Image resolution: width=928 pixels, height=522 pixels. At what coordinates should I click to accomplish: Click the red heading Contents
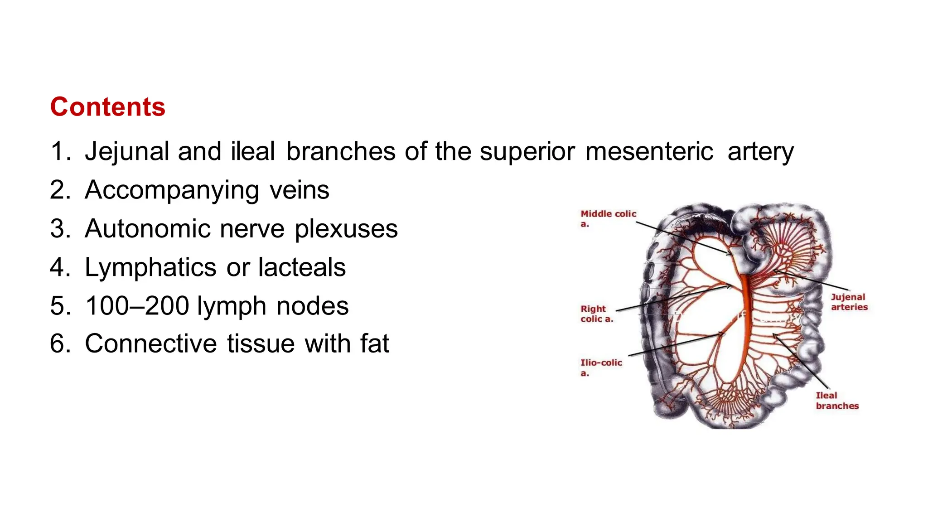click(107, 107)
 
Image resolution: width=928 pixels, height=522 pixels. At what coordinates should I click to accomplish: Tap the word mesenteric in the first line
click(649, 151)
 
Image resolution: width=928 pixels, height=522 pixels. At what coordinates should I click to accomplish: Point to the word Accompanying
click(172, 190)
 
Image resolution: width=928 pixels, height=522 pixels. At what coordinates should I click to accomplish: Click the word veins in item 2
click(300, 190)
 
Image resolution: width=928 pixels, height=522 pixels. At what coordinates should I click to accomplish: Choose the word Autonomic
click(147, 228)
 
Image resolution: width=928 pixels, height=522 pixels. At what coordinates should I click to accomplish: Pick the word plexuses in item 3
click(346, 229)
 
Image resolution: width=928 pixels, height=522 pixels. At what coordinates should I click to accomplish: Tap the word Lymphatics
click(150, 267)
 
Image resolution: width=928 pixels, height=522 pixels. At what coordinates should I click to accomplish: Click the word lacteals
click(302, 267)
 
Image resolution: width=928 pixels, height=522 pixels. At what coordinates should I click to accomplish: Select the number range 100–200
click(137, 306)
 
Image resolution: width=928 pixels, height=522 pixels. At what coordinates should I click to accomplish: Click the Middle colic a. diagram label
click(608, 218)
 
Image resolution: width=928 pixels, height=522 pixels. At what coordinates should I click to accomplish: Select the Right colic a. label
click(596, 314)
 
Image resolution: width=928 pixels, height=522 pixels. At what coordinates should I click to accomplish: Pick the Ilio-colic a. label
click(601, 367)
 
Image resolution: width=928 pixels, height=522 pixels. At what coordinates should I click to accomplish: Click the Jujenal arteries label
click(849, 302)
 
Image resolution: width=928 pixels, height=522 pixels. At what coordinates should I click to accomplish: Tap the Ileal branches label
click(837, 401)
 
